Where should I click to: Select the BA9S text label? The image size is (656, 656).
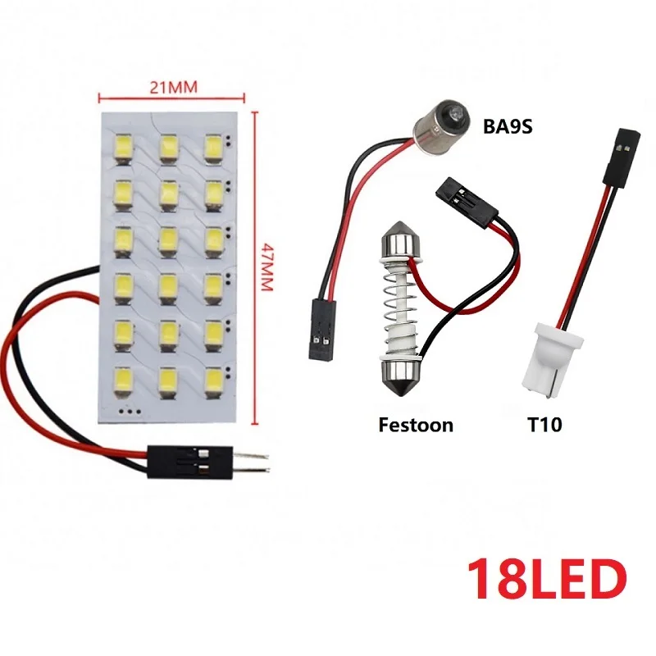coord(501,128)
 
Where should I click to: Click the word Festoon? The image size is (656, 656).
coord(416,425)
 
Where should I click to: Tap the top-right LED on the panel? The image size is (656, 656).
coord(213,148)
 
